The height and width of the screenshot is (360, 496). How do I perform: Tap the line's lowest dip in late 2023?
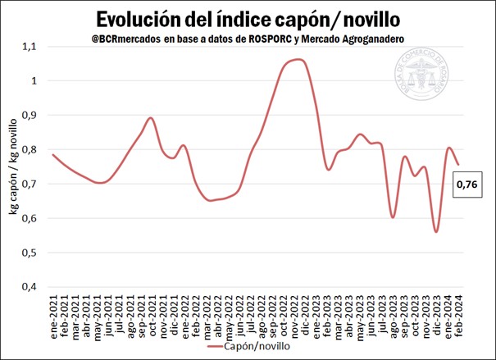[437, 232]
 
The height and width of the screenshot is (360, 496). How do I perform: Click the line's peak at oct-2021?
[151, 118]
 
